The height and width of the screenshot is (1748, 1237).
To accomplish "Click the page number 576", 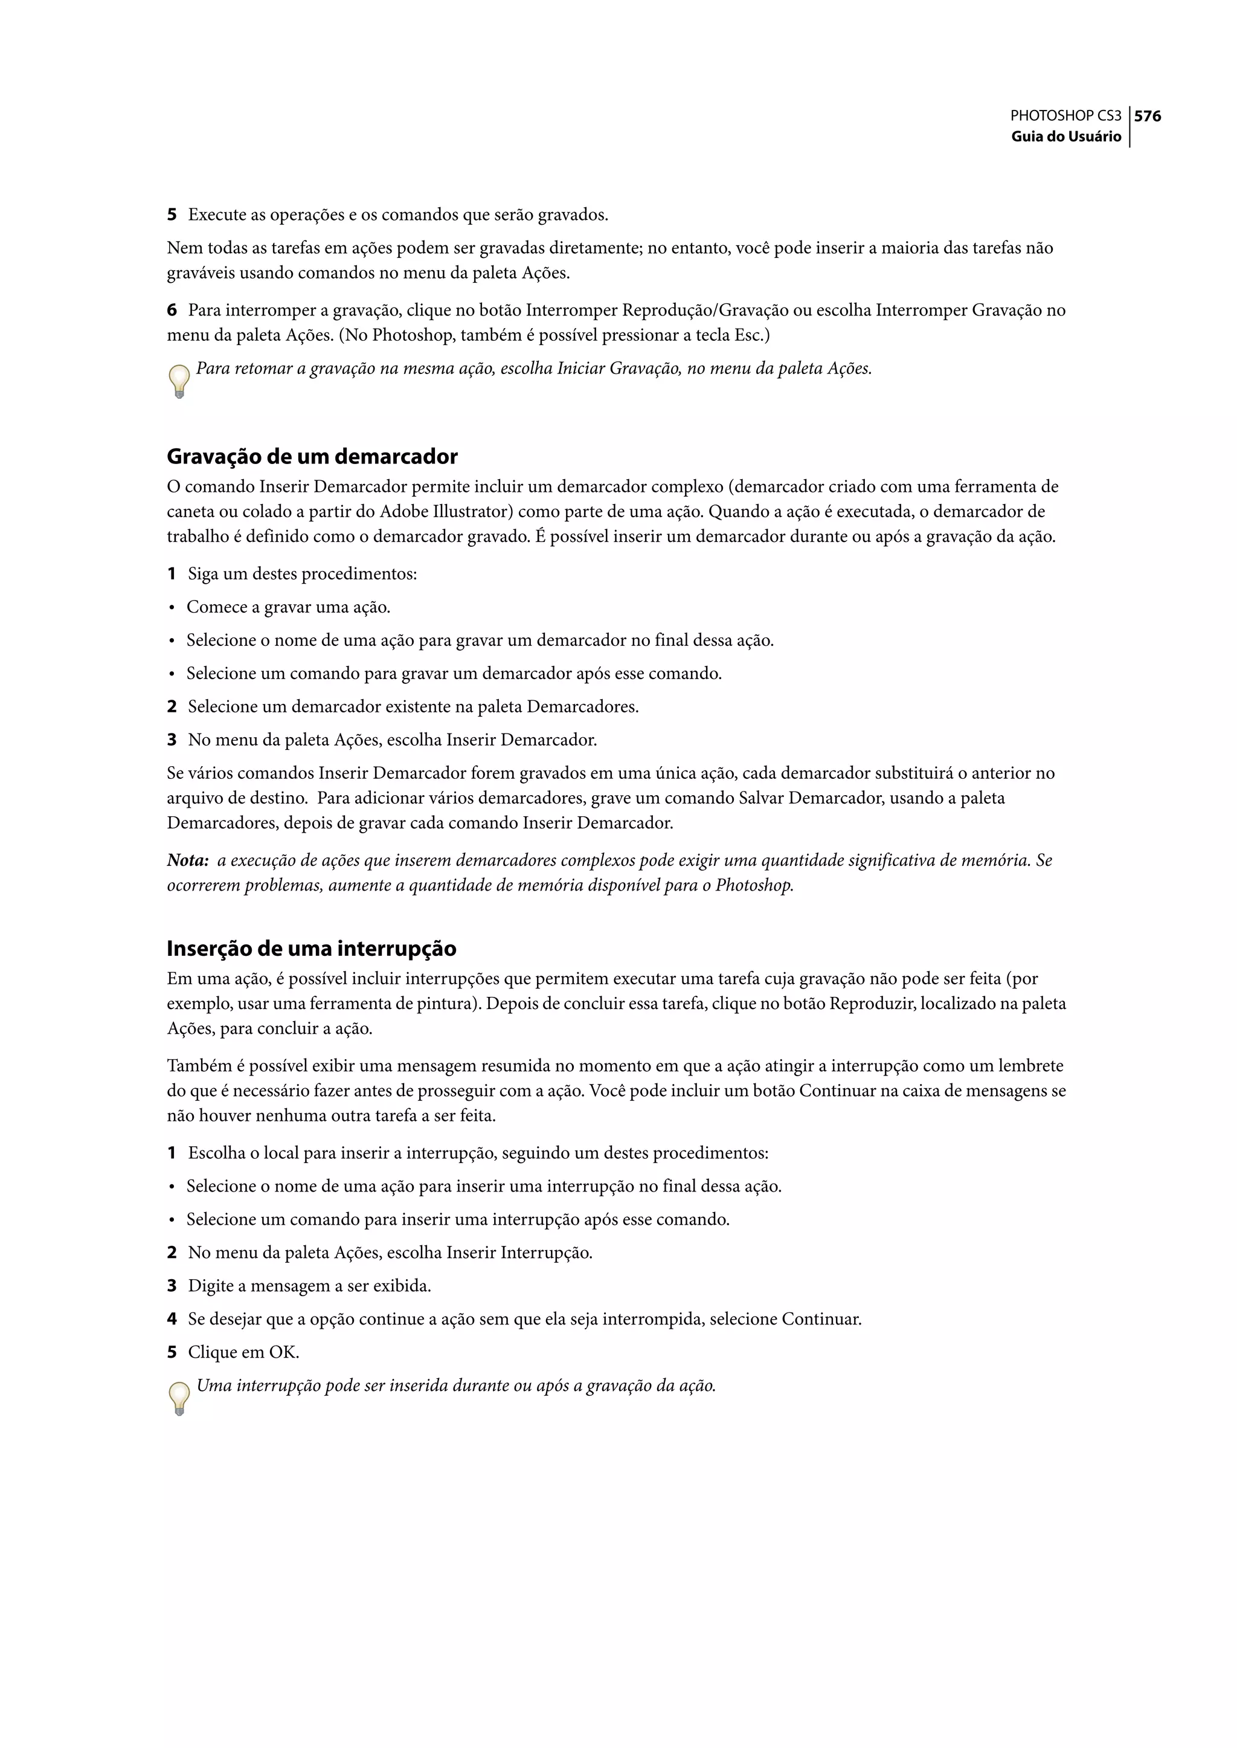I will [1148, 117].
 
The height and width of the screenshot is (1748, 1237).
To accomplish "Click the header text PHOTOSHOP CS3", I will [1065, 117].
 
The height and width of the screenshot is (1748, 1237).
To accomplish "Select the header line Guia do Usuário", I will [1067, 137].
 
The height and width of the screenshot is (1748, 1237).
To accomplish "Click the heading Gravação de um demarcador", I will [312, 456].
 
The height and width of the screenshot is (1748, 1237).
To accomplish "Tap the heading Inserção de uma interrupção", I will [312, 949].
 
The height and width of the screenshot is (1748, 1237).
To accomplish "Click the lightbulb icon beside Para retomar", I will [179, 381].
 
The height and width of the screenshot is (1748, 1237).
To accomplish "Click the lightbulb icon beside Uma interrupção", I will [179, 1398].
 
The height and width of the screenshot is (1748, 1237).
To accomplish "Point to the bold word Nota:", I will [187, 860].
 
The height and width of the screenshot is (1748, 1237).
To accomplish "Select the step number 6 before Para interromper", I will [172, 310].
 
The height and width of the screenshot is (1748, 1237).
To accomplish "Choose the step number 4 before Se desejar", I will [172, 1319].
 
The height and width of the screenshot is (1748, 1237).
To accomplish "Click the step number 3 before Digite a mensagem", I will [172, 1286].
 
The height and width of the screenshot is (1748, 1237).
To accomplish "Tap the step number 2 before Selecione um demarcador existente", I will [172, 706].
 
